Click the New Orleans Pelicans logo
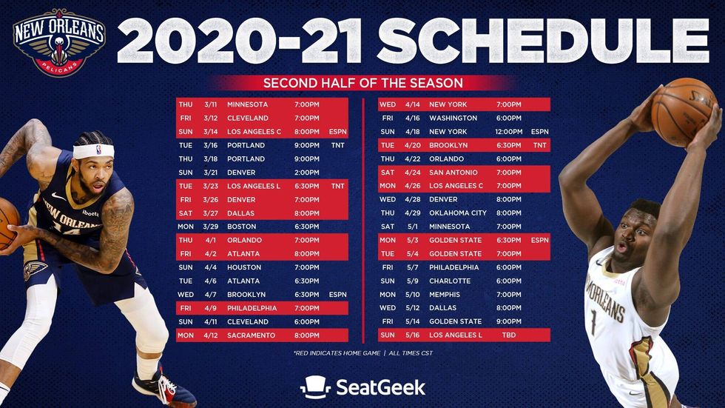[59, 41]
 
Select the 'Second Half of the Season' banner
[362, 83]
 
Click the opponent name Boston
[243, 227]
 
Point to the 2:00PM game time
[306, 173]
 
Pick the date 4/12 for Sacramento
[211, 335]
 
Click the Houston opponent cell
[245, 267]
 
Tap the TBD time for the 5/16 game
[508, 335]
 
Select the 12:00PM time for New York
[508, 132]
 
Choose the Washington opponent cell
[453, 118]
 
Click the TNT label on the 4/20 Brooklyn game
[539, 145]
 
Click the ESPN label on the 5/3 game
[539, 240]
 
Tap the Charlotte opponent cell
[450, 281]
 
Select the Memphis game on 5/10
[445, 295]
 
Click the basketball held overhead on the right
[681, 111]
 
